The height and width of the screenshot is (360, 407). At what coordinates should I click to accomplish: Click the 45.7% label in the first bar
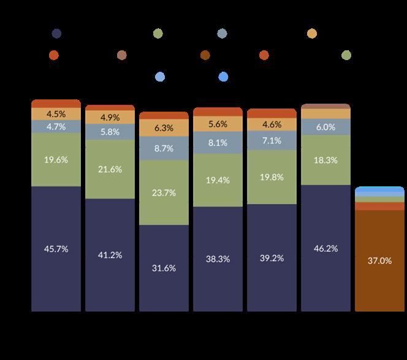[56, 249]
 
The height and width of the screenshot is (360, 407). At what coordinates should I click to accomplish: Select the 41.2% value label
[110, 255]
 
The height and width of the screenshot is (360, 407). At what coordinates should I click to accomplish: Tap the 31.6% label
[164, 268]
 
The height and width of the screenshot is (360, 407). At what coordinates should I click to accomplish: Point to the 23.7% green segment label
[164, 193]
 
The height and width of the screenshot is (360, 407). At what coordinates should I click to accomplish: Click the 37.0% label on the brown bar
[380, 261]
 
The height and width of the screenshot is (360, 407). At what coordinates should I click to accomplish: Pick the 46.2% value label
[325, 248]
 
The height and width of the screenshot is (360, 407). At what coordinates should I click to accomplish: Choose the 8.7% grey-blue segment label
[164, 148]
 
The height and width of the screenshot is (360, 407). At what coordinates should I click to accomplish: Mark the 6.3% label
[164, 128]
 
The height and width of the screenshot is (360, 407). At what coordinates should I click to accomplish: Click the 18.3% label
[325, 160]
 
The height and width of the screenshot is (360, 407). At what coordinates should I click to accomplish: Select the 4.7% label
[56, 127]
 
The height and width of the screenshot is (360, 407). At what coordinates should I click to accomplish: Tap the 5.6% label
[218, 124]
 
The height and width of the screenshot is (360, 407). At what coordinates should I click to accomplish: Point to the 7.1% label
[272, 140]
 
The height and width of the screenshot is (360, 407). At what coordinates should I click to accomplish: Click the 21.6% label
[110, 169]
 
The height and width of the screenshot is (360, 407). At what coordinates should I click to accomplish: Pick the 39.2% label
[272, 258]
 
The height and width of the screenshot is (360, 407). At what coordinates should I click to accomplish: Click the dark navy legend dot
[56, 34]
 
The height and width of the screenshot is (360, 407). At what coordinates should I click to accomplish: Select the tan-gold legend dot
[312, 34]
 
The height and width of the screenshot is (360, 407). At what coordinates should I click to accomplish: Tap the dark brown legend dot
[205, 55]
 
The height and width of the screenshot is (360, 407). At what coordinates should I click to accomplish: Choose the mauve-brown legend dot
[122, 55]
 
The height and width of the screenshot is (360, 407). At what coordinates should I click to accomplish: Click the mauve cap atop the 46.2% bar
[325, 106]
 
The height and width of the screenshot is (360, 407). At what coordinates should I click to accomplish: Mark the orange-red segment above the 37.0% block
[380, 206]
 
